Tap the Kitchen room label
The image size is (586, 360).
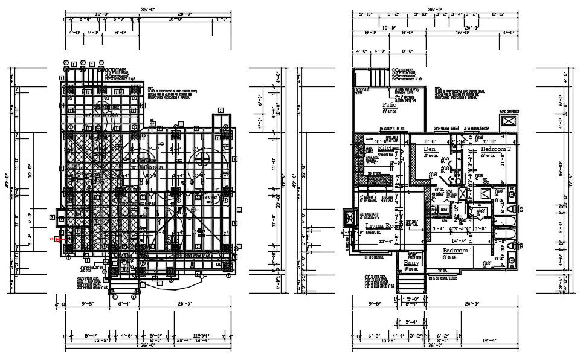[x=390, y=148]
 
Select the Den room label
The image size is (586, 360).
[x=430, y=149]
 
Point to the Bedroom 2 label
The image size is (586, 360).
[x=496, y=149]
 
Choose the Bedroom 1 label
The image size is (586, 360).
[x=458, y=250]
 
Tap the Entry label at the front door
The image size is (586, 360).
[x=411, y=263]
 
